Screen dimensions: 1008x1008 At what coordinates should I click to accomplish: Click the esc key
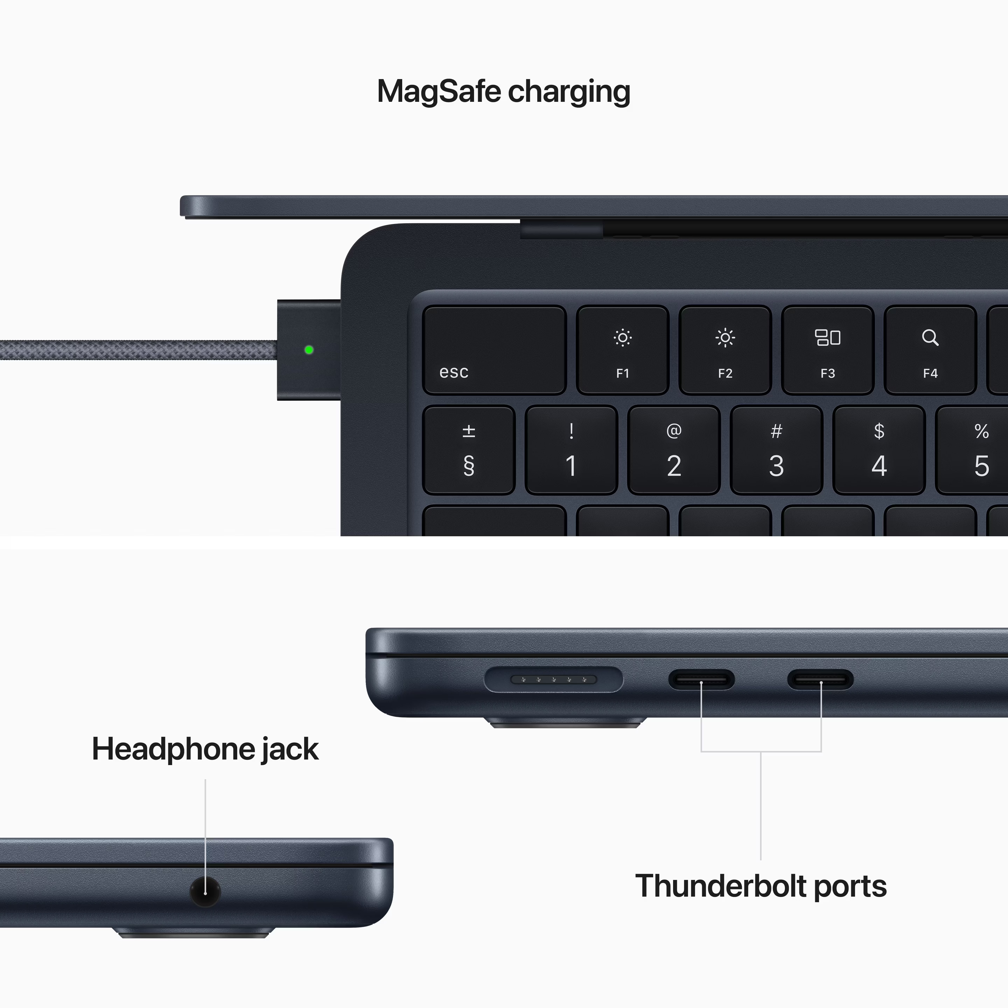[x=494, y=350]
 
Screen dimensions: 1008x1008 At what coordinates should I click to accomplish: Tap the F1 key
[x=622, y=350]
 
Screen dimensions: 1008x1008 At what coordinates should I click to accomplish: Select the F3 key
[x=827, y=350]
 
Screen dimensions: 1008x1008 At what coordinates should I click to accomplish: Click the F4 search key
[x=930, y=350]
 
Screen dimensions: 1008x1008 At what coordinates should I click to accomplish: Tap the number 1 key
[x=571, y=450]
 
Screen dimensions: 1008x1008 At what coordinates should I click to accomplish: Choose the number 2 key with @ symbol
[x=673, y=450]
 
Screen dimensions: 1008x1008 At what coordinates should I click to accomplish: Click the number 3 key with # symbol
[x=776, y=450]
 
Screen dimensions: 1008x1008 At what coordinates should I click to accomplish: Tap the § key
[x=469, y=450]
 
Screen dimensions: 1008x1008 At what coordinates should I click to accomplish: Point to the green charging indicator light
[x=309, y=350]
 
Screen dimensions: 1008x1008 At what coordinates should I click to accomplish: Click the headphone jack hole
[x=205, y=892]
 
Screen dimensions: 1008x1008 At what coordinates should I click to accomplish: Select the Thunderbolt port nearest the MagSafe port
[x=701, y=680]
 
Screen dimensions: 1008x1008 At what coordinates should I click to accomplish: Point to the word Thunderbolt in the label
[x=721, y=886]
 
